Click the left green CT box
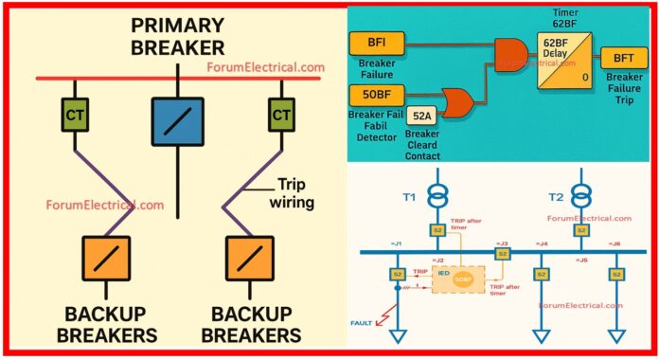pyautogui.click(x=75, y=116)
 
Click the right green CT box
pyautogui.click(x=280, y=116)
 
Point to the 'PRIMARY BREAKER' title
pyautogui.click(x=177, y=35)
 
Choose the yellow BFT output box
pyautogui.click(x=624, y=59)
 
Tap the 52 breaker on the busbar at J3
pyautogui.click(x=503, y=254)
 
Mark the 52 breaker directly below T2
pyautogui.click(x=581, y=229)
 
